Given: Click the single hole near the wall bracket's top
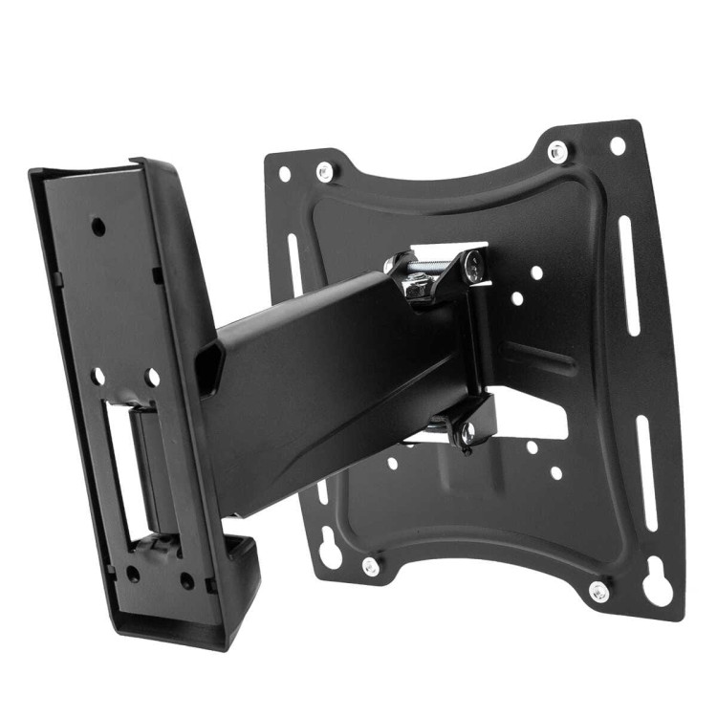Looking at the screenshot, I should [98, 227].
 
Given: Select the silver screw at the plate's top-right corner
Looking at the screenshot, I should [557, 151].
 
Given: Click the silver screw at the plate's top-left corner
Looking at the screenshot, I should [325, 172].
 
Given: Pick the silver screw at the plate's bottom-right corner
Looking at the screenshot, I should [599, 591].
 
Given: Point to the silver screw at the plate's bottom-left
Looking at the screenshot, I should [371, 566].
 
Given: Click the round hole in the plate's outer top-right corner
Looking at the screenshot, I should [618, 145].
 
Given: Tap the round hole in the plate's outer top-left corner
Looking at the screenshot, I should [284, 174].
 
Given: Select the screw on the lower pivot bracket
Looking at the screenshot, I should [467, 436].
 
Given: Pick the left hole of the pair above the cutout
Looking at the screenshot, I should [98, 377].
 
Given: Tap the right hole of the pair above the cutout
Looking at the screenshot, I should [152, 378].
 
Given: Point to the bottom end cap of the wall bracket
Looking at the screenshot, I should [239, 574].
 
